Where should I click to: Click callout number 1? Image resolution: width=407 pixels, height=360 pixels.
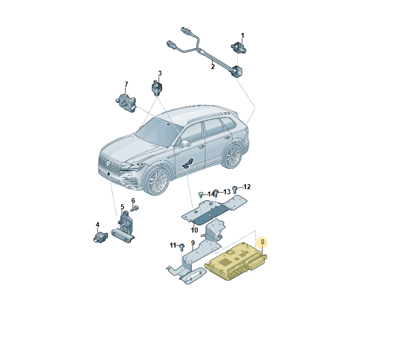tap(242, 36)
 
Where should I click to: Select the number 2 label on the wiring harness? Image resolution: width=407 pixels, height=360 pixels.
tap(213, 67)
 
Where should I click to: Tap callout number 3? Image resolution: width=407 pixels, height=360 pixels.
tap(159, 73)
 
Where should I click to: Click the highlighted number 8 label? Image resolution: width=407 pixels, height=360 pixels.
tap(263, 242)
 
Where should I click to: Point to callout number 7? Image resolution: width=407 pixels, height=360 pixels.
tap(126, 85)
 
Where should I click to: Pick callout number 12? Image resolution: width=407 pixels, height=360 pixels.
tap(247, 187)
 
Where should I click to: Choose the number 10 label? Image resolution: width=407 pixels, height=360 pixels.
tap(194, 230)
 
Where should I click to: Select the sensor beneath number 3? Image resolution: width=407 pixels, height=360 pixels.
tap(156, 88)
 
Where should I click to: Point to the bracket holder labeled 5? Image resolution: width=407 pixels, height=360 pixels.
tap(127, 226)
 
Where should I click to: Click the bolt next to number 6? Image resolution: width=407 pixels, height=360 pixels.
tap(134, 209)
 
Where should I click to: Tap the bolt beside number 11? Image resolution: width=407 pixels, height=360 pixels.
tap(182, 246)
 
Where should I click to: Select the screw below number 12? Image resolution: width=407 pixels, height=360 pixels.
tap(235, 189)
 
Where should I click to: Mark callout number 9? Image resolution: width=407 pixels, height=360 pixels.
tap(193, 243)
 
